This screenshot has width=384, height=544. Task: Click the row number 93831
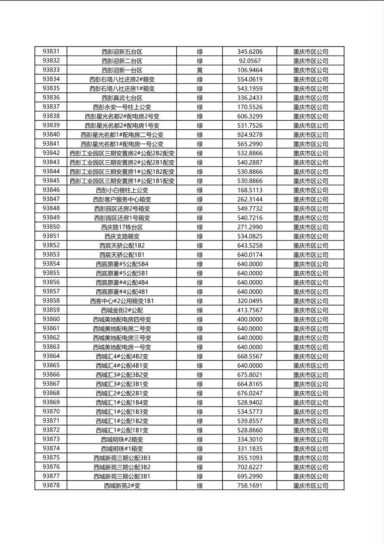click(x=51, y=51)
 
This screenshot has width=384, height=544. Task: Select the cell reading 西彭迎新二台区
click(x=122, y=61)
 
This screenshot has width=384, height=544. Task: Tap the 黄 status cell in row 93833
click(x=200, y=70)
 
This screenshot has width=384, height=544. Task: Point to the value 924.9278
click(x=250, y=134)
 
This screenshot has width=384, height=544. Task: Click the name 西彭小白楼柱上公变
click(x=122, y=190)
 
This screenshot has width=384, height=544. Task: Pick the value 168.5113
click(x=250, y=190)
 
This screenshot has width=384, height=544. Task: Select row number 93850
click(x=51, y=227)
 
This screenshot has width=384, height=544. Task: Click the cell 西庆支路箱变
click(x=122, y=236)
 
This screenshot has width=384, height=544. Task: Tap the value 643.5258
click(x=250, y=245)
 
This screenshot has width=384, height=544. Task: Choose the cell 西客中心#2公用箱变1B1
click(x=122, y=301)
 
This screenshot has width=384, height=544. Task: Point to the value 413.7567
click(x=250, y=310)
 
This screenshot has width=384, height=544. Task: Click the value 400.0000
click(x=250, y=319)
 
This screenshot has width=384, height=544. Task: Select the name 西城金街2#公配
click(x=122, y=310)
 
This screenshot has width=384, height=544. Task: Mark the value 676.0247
click(x=250, y=393)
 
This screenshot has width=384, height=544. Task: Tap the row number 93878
click(x=51, y=485)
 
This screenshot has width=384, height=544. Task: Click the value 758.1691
click(x=250, y=485)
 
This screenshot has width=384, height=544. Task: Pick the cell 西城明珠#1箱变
click(x=122, y=449)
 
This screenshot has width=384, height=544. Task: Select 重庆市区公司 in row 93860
click(x=310, y=319)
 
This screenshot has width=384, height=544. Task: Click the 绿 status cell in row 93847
click(x=200, y=199)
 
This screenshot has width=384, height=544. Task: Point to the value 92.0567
click(x=250, y=61)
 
